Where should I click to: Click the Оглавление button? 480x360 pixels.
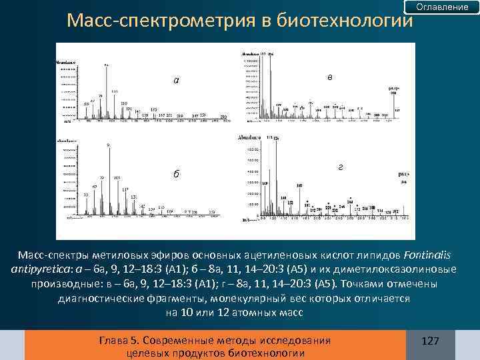click(442, 7)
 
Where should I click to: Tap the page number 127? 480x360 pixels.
click(431, 341)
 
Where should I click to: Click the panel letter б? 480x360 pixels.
click(175, 174)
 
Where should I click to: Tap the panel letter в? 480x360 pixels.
click(330, 77)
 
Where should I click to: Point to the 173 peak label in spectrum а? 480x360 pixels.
click(153, 109)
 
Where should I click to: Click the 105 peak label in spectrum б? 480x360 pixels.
click(117, 177)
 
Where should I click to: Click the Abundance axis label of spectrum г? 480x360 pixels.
click(250, 138)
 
